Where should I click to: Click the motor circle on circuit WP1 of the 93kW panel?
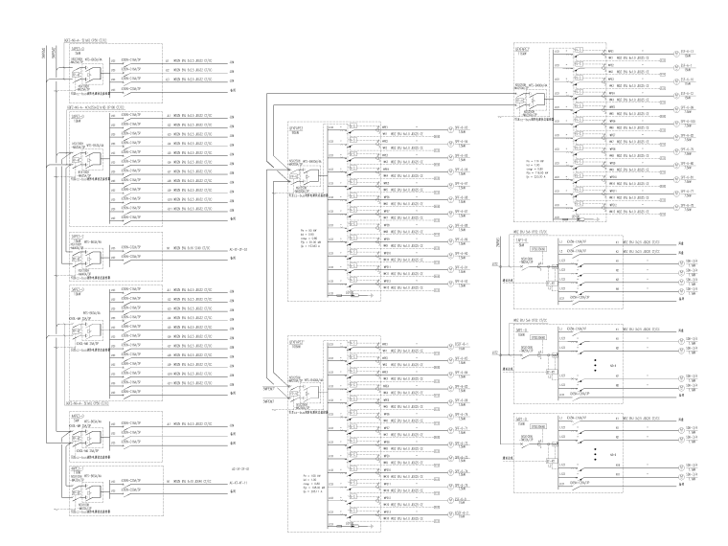point(449,127)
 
